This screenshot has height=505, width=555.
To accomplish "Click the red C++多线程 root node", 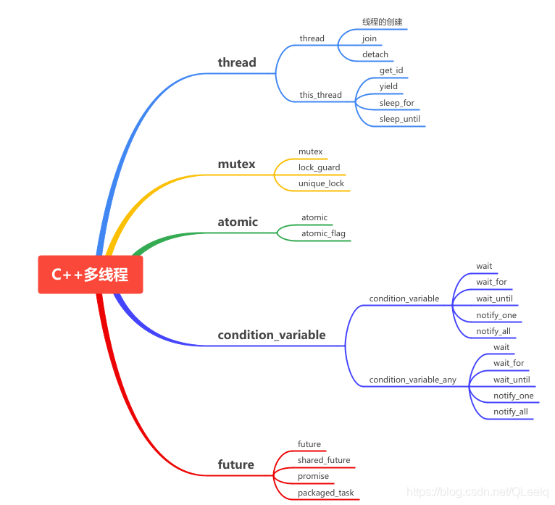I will click(90, 275).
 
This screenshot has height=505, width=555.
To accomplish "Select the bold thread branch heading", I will click(237, 62).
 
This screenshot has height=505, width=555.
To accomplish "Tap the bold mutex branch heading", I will click(236, 164).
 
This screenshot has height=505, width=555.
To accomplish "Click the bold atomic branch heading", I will click(238, 222).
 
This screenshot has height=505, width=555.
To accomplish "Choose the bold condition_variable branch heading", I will click(272, 335).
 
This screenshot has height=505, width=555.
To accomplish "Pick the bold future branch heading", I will click(235, 464).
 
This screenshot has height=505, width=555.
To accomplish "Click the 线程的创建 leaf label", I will click(382, 22).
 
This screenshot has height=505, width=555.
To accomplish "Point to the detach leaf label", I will click(375, 54).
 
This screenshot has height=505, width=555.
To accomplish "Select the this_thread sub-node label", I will click(320, 95).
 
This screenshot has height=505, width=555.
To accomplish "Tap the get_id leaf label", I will click(391, 70).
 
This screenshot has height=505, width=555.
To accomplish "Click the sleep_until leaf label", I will click(399, 119).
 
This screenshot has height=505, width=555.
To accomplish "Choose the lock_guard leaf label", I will click(319, 167).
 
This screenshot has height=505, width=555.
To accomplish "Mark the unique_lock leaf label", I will click(321, 183).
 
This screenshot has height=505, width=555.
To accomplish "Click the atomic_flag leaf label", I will click(323, 233).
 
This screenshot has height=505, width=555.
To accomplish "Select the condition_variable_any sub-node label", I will click(412, 380).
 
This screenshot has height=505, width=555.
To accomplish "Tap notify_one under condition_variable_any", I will click(513, 396).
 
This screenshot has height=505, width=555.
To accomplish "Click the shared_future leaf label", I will click(323, 460).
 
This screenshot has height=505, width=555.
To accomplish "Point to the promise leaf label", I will click(313, 476).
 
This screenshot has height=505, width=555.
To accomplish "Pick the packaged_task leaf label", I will click(325, 493).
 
